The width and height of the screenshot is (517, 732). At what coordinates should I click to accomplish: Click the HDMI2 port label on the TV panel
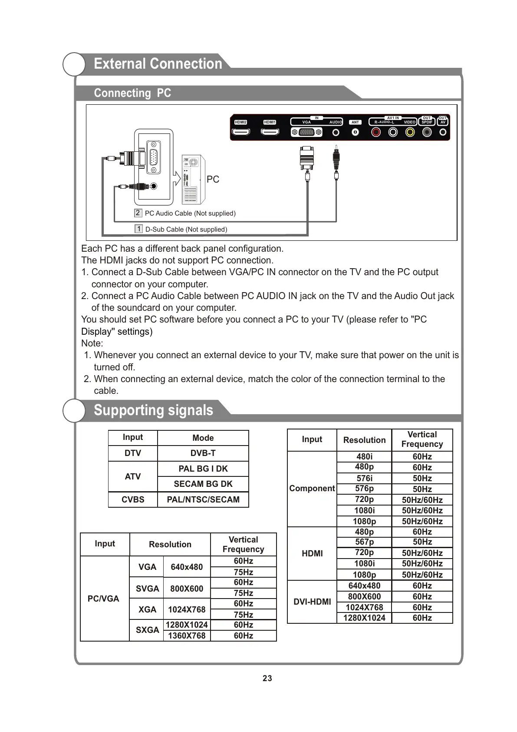click(x=240, y=122)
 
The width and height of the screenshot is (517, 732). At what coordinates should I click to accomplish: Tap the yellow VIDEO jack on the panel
click(x=410, y=132)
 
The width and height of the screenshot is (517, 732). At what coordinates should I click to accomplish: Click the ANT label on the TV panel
click(x=355, y=122)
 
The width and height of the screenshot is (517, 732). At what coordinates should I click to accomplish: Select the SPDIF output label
click(x=427, y=122)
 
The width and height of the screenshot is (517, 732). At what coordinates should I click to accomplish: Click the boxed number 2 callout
click(x=138, y=213)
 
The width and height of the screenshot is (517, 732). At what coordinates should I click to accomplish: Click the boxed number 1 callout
click(x=138, y=229)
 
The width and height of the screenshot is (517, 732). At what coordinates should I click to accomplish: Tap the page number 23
click(x=267, y=678)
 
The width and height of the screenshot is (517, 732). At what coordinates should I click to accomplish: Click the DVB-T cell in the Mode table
click(x=203, y=453)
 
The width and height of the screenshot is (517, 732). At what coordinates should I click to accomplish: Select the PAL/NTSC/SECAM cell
click(x=203, y=499)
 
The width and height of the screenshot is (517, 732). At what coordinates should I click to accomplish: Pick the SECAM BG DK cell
click(x=203, y=484)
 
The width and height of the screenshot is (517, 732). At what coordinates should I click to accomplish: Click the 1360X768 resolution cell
click(x=187, y=636)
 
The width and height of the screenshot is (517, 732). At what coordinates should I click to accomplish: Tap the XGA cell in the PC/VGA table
click(x=147, y=609)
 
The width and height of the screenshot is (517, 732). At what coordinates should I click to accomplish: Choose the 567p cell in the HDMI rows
click(x=364, y=542)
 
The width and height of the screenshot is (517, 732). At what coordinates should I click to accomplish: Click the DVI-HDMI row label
click(x=312, y=602)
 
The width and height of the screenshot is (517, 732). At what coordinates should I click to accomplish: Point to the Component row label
click(x=312, y=488)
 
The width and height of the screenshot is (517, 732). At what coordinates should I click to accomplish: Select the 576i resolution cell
click(x=364, y=478)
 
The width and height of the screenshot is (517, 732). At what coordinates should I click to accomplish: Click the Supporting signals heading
click(x=153, y=410)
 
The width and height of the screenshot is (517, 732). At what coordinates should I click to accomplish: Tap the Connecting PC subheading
click(x=132, y=93)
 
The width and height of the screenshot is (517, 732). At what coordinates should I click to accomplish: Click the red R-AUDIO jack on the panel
click(x=376, y=132)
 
